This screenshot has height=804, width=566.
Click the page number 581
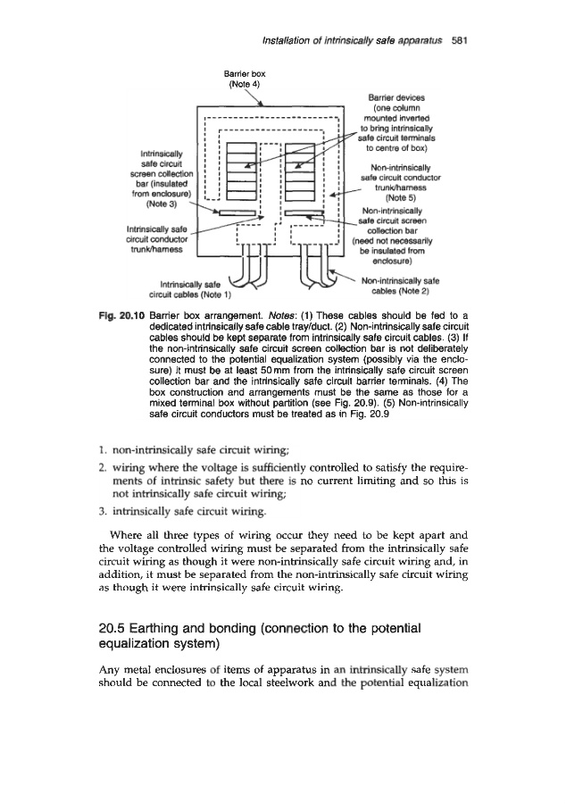pos(461,40)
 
